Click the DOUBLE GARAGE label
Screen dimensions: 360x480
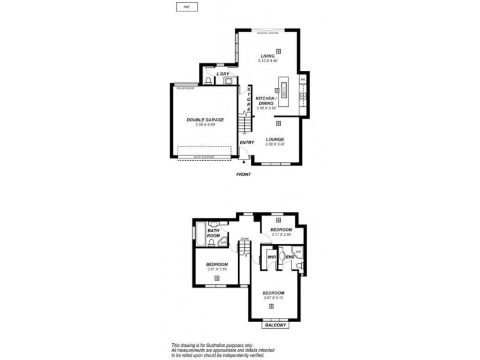point(205,119)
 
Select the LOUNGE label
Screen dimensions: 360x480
point(275,139)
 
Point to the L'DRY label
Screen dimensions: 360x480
point(224,74)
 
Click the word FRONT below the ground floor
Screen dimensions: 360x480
point(243,174)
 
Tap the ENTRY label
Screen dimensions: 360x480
point(247,142)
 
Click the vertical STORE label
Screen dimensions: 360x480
point(249,100)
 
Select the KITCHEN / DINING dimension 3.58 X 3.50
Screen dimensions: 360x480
point(266,108)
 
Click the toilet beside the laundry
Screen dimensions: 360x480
point(208,80)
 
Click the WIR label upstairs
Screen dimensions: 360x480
point(271,257)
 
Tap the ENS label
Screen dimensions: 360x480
point(289,257)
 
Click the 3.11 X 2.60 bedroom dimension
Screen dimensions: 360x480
point(281,235)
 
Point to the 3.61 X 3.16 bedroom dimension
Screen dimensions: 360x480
point(217,269)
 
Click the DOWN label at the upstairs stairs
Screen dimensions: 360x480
point(244,239)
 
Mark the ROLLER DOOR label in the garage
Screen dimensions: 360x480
point(185,88)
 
